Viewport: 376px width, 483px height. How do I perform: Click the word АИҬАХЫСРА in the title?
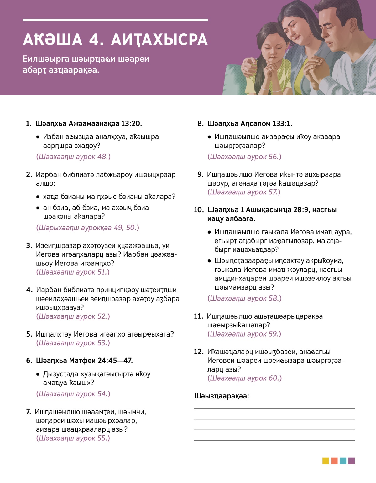coord(159,40)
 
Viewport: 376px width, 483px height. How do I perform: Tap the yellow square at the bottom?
coord(326,461)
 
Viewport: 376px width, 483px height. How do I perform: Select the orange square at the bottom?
coord(334,461)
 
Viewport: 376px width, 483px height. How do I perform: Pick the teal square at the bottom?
coord(343,461)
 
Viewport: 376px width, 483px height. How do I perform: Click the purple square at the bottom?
coord(352,461)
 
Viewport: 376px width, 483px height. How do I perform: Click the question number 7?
coord(28,412)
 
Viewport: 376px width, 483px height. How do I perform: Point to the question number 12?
coord(199,352)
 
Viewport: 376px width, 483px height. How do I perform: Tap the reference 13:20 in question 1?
coord(131,124)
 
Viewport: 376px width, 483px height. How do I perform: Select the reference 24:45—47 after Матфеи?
coord(115,361)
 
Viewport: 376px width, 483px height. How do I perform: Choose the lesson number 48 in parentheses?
coord(103,157)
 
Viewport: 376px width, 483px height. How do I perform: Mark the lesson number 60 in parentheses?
coord(274,378)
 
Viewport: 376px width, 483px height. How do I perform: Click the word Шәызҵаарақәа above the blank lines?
coord(221,396)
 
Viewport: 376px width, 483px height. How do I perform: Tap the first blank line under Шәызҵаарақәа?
coord(274,408)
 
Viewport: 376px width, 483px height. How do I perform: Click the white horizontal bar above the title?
coord(115,20)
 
